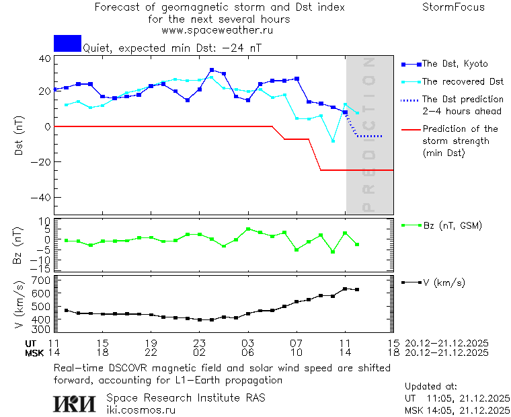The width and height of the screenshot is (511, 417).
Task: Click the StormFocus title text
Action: pyautogui.click(x=453, y=7)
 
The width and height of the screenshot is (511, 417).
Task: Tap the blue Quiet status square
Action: pyautogui.click(x=67, y=43)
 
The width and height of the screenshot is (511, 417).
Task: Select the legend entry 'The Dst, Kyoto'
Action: pyautogui.click(x=455, y=64)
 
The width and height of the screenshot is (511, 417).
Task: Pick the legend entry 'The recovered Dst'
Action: pyautogui.click(x=463, y=81)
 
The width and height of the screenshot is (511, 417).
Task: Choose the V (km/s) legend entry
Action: pyautogui.click(x=444, y=282)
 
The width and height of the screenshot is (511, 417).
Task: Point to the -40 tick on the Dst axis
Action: pyautogui.click(x=44, y=198)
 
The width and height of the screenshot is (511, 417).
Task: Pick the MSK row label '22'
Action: pyautogui.click(x=151, y=352)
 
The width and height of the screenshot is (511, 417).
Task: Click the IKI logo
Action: pyautogui.click(x=76, y=404)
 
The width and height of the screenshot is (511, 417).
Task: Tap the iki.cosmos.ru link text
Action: pyautogui.click(x=141, y=410)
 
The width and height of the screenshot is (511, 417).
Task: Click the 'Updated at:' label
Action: pyautogui.click(x=431, y=386)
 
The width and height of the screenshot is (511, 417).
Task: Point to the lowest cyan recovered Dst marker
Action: pyautogui.click(x=333, y=141)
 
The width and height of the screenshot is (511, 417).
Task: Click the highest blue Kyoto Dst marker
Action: pyautogui.click(x=212, y=70)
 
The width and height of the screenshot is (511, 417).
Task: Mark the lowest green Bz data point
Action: pyautogui.click(x=333, y=252)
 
